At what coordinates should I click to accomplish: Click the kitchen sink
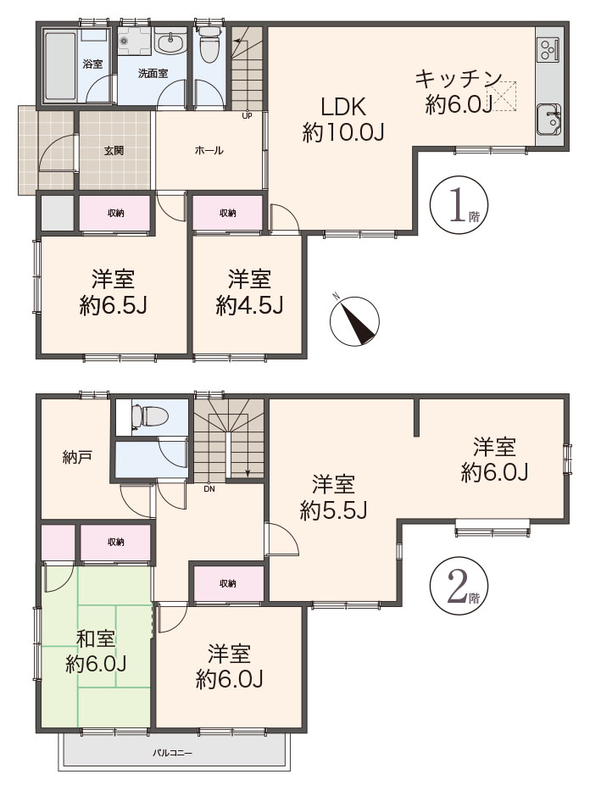coord(548,119)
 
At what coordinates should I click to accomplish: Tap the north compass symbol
coord(354,320)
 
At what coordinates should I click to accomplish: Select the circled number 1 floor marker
coord(459,204)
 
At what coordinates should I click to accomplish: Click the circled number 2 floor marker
coord(459,585)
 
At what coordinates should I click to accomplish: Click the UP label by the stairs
coord(247,115)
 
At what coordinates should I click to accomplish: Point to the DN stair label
coord(209,488)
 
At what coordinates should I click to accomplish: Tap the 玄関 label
coord(114,150)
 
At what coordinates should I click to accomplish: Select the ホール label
coord(209,150)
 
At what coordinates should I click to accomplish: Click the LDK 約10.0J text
coord(344,120)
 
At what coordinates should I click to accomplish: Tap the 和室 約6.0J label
coord(96,652)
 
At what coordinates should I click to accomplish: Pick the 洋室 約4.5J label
coord(249,292)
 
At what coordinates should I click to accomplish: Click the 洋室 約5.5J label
coord(333,498)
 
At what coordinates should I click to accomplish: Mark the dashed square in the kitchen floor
coord(503,95)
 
